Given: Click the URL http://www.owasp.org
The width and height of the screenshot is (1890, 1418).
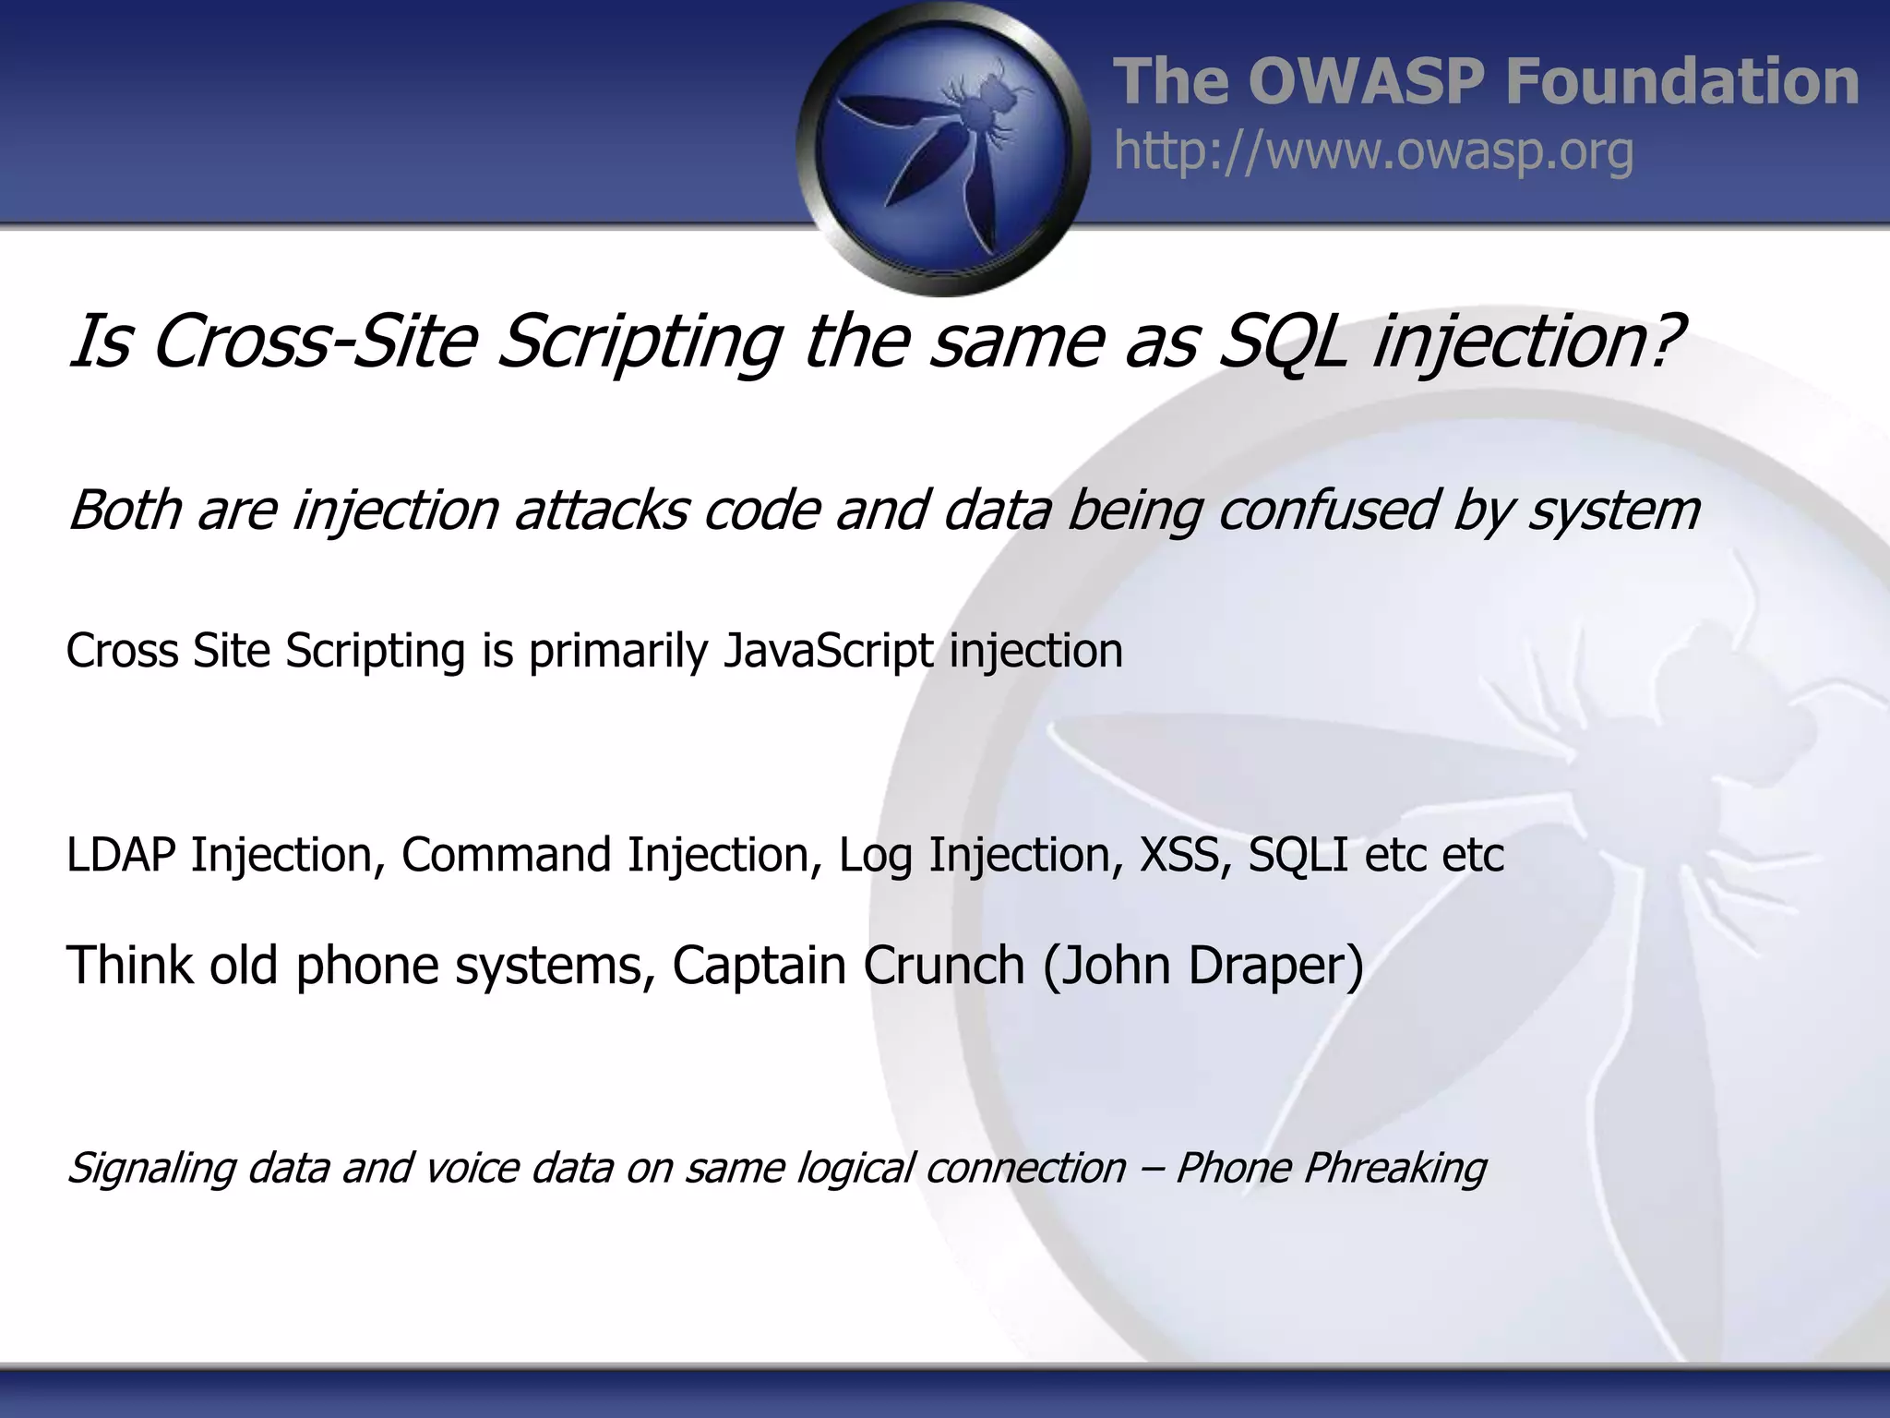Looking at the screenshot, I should [1373, 151].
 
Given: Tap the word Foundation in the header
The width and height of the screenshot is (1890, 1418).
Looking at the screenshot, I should [1681, 81].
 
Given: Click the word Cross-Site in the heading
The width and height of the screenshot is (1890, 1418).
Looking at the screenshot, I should [315, 342].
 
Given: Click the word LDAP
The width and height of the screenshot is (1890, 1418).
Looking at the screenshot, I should [121, 854].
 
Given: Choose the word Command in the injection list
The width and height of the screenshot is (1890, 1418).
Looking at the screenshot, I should [507, 854].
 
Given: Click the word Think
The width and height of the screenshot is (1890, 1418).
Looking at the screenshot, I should [130, 966].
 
